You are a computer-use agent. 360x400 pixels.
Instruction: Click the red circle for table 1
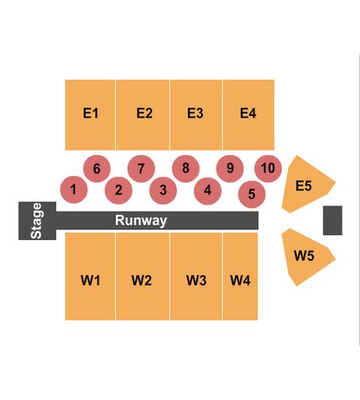click(x=74, y=190)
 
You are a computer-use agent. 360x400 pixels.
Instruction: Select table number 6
click(x=97, y=169)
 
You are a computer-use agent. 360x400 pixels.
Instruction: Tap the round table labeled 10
click(x=268, y=169)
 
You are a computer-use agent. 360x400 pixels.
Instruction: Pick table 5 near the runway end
click(x=251, y=194)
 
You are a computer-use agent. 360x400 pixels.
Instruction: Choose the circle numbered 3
click(x=163, y=190)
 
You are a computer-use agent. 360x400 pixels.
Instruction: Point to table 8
click(x=186, y=169)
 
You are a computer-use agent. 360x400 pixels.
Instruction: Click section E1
click(x=90, y=115)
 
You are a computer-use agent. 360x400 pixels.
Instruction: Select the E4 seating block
click(x=249, y=115)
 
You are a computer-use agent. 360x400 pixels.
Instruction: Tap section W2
click(x=142, y=276)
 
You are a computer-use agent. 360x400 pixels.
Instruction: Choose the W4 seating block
click(x=241, y=276)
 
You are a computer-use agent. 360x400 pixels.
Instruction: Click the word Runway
click(x=141, y=220)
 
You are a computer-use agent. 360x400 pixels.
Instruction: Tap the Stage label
click(x=36, y=221)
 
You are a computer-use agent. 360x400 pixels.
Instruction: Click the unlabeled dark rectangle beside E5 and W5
click(x=333, y=220)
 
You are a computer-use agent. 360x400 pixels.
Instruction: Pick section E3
click(x=196, y=115)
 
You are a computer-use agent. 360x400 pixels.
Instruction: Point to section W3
click(x=196, y=276)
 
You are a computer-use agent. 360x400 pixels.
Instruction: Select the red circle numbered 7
click(x=141, y=169)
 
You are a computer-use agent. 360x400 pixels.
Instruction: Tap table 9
click(x=230, y=169)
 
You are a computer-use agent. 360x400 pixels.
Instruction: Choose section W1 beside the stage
click(x=90, y=276)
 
